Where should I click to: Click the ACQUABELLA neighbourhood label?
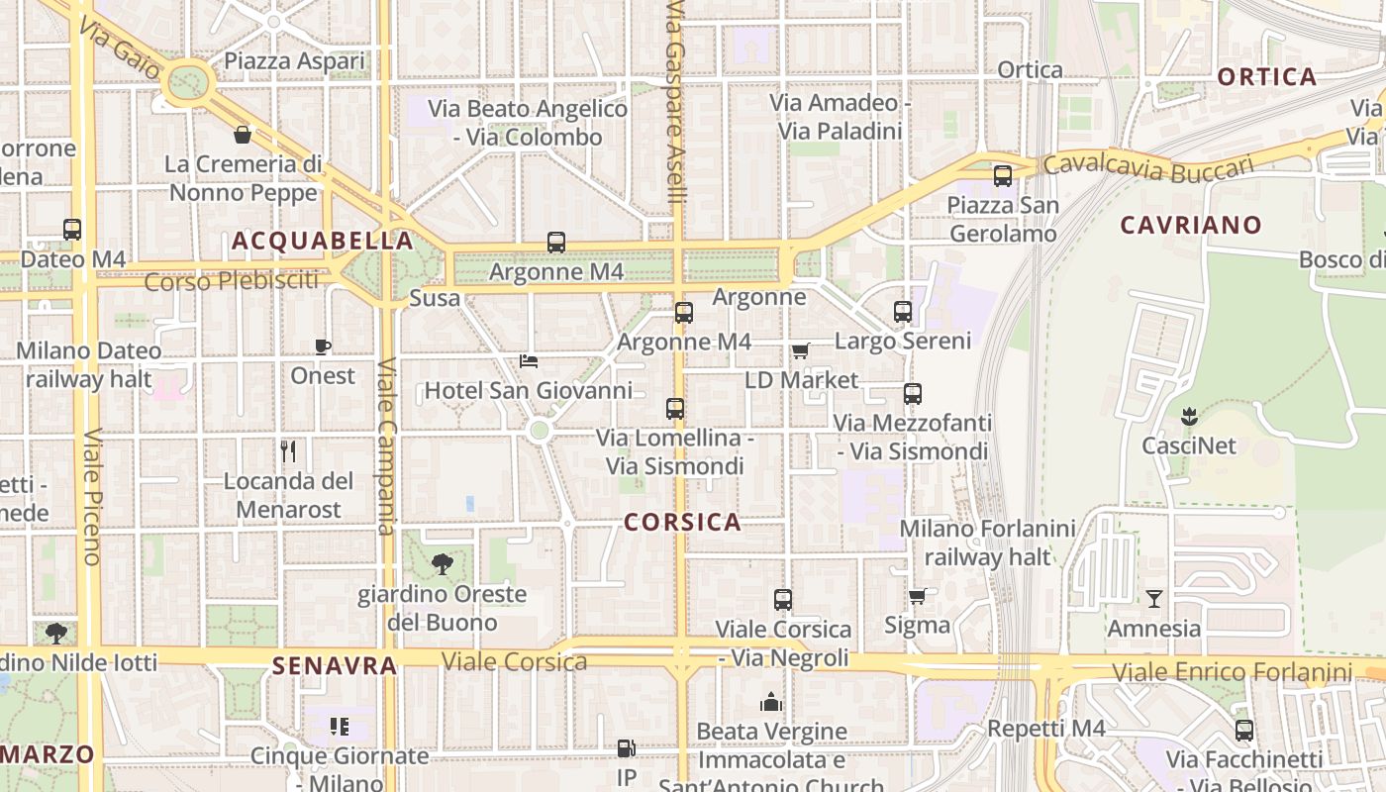(x=323, y=241)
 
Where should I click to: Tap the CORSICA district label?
(x=682, y=522)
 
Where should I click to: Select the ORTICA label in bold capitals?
(x=1266, y=76)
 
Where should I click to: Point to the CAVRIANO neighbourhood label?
(x=1191, y=225)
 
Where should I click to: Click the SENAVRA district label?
(x=335, y=665)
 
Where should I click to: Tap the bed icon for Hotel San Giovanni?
(x=529, y=361)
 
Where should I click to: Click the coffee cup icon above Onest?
(x=323, y=346)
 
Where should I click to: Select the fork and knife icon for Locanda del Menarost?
(x=288, y=451)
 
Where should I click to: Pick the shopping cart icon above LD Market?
(x=800, y=350)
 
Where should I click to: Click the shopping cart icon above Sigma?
(x=917, y=596)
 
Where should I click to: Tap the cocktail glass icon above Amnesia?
(x=1153, y=598)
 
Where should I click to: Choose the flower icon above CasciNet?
(x=1189, y=416)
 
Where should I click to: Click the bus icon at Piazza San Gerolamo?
(x=1003, y=176)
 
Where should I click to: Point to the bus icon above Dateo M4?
(x=72, y=230)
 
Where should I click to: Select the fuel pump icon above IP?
(x=626, y=748)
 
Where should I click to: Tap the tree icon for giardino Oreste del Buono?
(x=442, y=564)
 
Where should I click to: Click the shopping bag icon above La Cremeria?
(x=243, y=134)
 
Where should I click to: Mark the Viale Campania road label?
(x=387, y=445)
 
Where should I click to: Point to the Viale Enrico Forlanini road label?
(x=1232, y=673)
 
